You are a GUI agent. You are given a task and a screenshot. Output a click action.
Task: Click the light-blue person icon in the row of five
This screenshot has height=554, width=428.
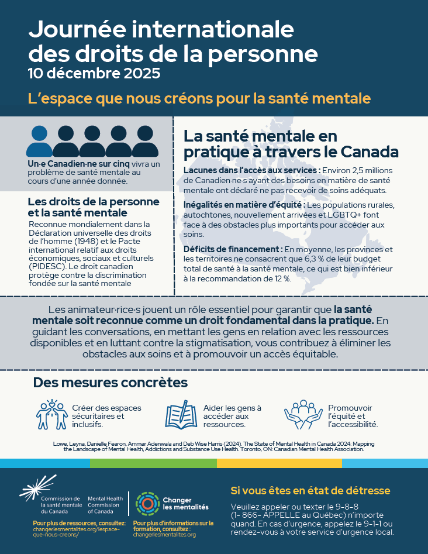39,142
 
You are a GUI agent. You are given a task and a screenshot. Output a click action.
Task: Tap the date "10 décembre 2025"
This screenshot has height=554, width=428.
94,74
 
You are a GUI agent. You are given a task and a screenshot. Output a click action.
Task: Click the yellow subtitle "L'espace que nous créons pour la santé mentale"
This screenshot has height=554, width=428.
199,98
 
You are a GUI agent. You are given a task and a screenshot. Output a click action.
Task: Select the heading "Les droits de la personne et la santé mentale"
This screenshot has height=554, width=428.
93,207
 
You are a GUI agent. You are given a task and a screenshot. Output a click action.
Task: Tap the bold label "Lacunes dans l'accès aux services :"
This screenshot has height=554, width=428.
252,170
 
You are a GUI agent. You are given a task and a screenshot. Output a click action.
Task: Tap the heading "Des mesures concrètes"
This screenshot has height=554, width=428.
111,383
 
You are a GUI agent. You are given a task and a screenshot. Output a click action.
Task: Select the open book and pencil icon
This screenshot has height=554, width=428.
182,415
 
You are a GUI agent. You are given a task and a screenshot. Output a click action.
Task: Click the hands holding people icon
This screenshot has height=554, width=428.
303,414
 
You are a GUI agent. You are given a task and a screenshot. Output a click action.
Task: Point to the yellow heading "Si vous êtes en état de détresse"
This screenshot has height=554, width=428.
310,490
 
